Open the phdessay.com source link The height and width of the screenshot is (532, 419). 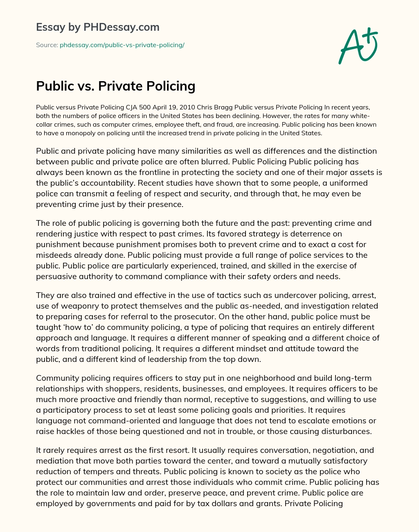tap(122, 45)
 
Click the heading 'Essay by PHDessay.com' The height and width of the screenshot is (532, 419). tap(97, 27)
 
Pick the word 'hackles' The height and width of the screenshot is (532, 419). tap(67, 431)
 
